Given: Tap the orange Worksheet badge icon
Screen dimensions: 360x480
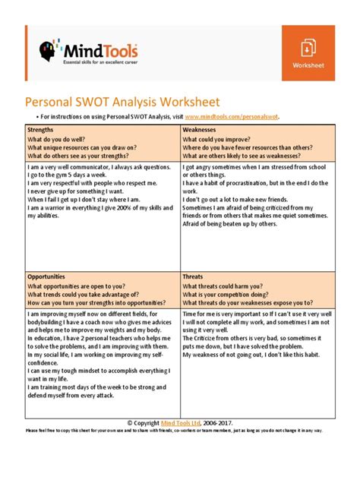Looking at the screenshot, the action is click(x=308, y=48).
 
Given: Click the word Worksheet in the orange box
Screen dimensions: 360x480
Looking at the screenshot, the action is click(x=308, y=66).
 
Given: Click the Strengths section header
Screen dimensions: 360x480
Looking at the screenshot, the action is click(x=45, y=130).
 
